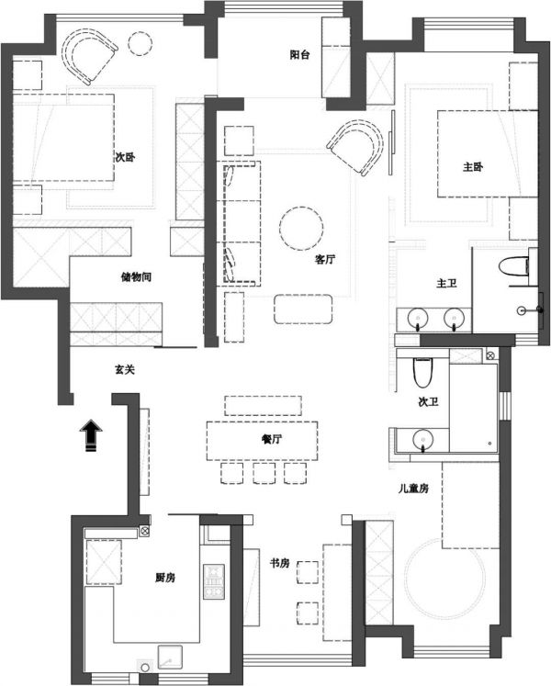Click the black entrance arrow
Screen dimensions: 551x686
pos(91,435)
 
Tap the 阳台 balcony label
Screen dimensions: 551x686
pos(299,55)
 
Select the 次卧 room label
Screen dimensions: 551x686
pos(125,157)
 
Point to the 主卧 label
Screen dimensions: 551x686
pos(473,167)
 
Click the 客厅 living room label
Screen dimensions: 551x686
pos(325,259)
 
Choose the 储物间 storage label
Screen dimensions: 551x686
pos(136,277)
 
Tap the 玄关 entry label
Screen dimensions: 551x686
pos(125,370)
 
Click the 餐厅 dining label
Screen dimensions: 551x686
pos(271,439)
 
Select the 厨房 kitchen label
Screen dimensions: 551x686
pos(165,578)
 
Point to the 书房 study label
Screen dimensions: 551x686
pos(280,563)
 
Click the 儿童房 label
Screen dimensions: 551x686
pos(413,489)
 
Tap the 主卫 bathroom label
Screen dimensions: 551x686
pos(447,283)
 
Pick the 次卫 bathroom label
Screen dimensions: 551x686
pos(429,401)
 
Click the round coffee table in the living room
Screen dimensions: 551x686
pos(301,228)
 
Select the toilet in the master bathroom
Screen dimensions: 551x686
pos(513,266)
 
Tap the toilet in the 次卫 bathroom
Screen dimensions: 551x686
pos(422,372)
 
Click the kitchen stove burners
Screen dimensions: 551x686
pos(214,581)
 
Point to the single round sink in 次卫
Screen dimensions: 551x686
pos(422,439)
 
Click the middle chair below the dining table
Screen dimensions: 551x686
pos(264,473)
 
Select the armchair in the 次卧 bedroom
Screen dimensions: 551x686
pos(89,55)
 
